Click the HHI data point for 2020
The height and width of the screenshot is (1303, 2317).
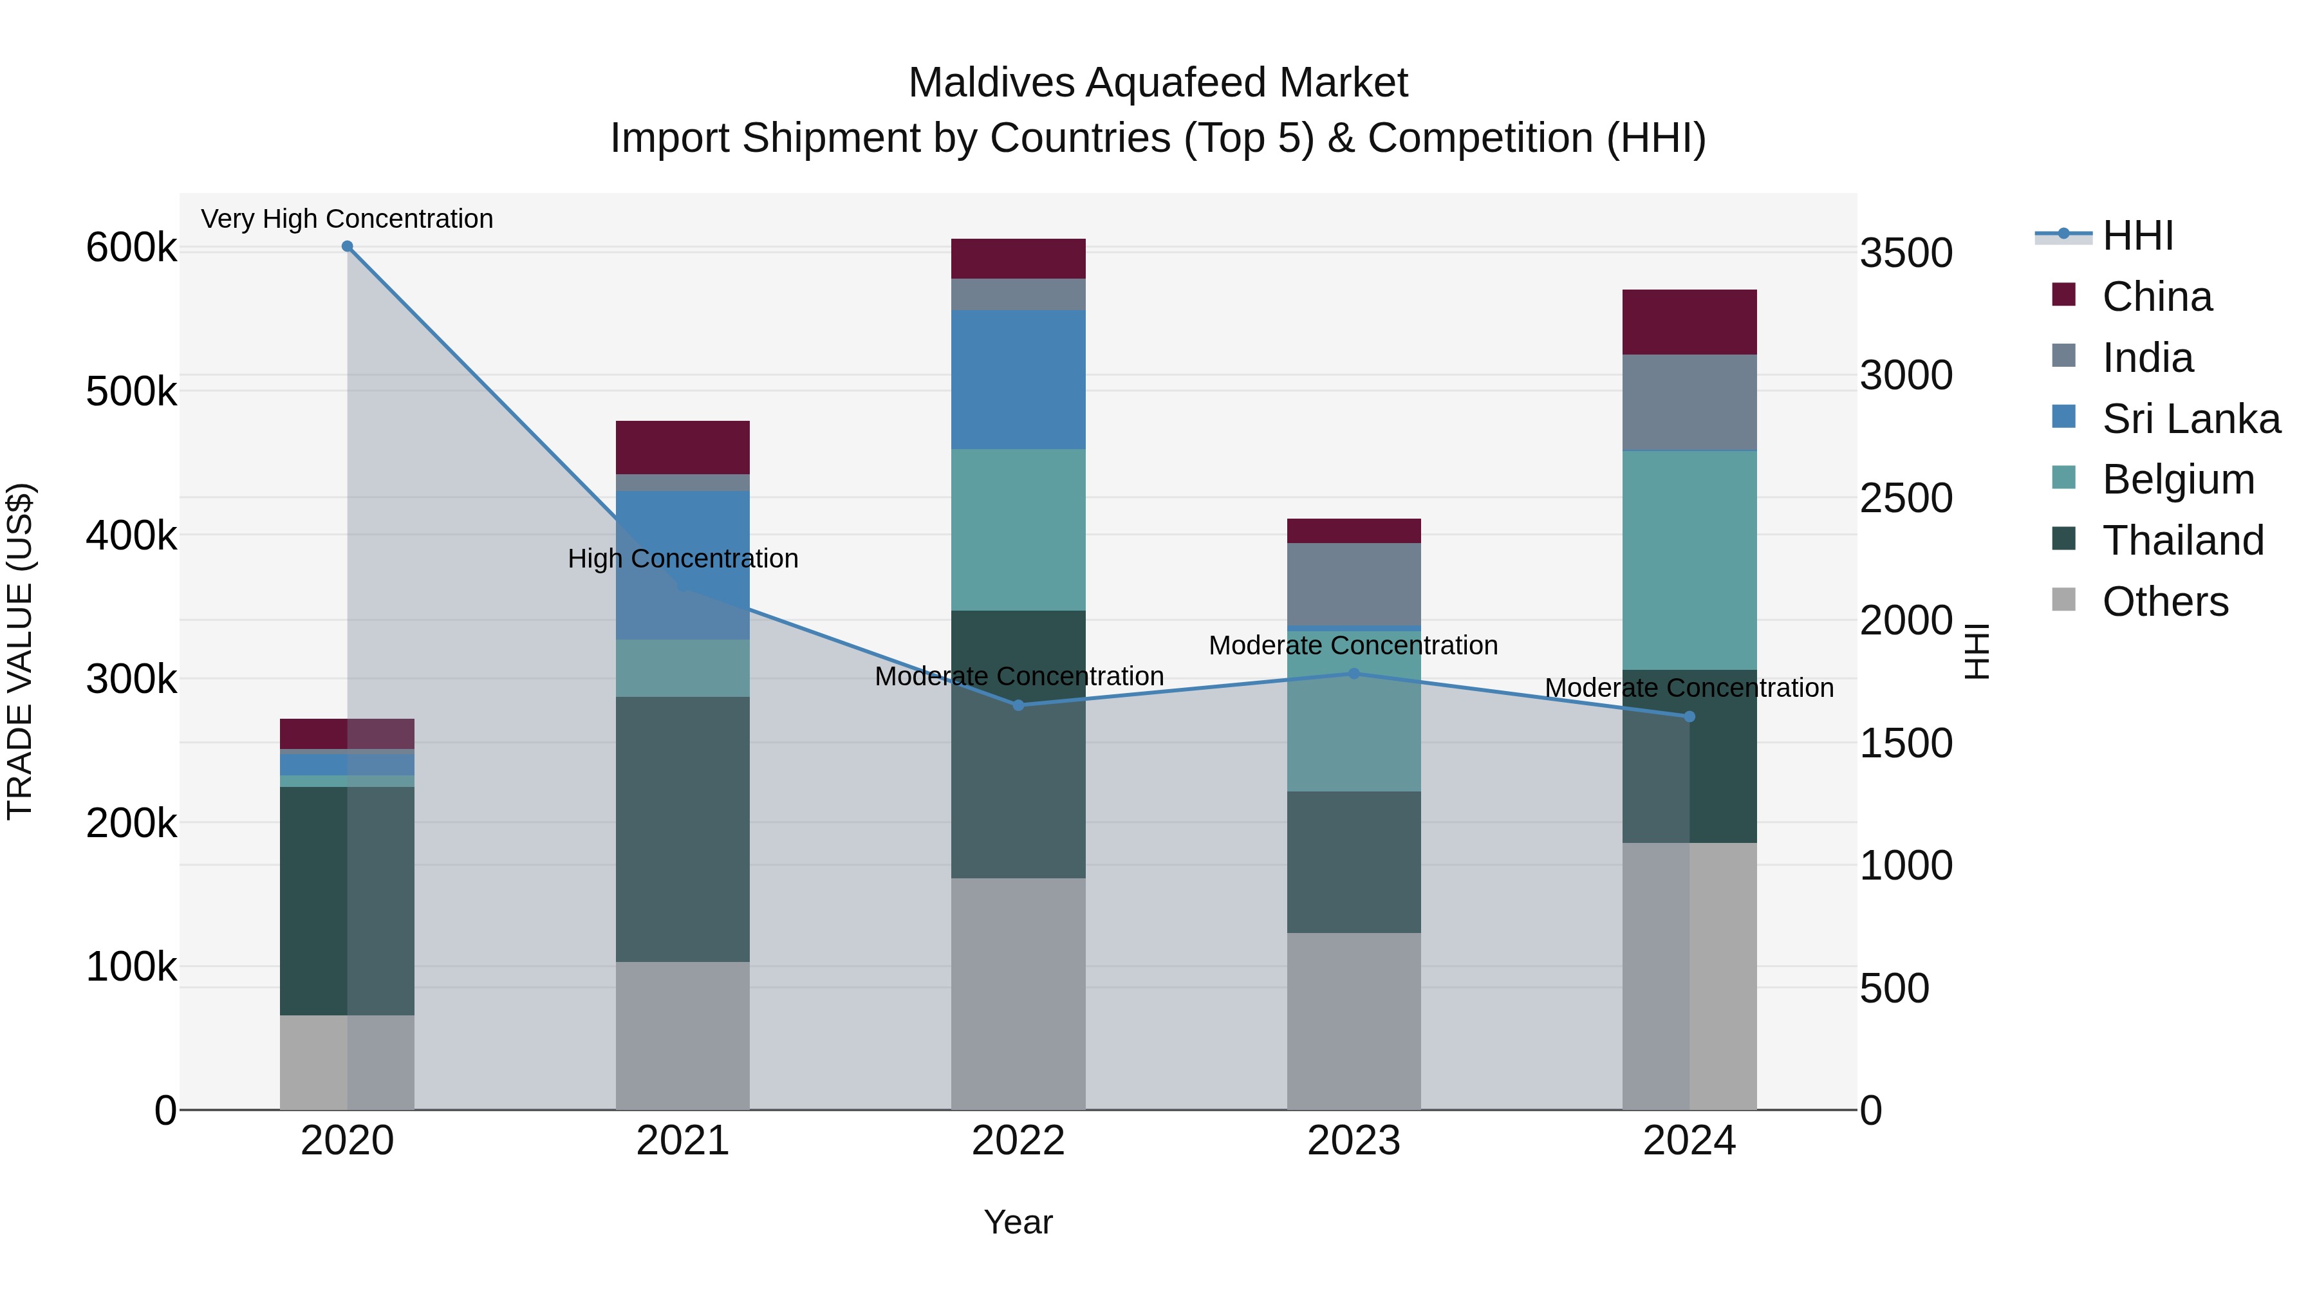[347, 246]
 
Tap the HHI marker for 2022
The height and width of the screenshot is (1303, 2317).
[1018, 705]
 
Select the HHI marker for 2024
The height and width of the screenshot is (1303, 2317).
[1689, 717]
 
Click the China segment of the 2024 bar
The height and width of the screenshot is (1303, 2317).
[1689, 322]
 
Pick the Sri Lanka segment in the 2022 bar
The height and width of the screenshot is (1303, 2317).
[1018, 380]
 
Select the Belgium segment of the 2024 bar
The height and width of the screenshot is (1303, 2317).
[1689, 559]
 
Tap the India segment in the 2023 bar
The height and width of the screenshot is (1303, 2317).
[1354, 584]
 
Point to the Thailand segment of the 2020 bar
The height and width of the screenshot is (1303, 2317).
[347, 900]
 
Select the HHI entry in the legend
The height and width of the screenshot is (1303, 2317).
[2136, 236]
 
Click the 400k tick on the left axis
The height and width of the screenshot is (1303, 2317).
[131, 536]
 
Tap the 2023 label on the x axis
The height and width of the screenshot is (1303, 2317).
[1354, 1141]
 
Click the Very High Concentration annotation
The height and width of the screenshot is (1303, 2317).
[347, 219]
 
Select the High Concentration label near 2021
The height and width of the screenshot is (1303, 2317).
[683, 559]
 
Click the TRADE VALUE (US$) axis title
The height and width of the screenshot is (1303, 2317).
[20, 651]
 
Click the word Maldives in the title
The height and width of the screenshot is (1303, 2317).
[991, 83]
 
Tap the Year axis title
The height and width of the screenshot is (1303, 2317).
[1018, 1222]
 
